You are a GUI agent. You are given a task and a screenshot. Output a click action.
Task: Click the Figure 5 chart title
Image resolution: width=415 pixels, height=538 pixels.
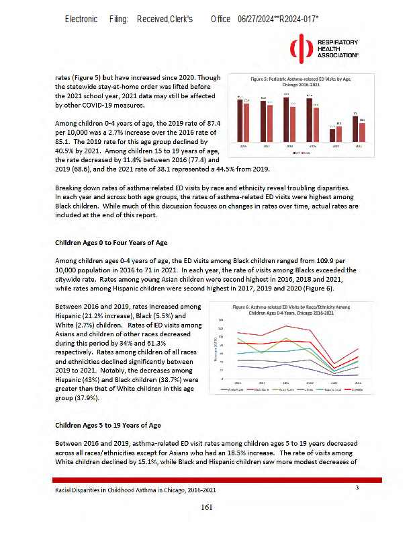pos(296,79)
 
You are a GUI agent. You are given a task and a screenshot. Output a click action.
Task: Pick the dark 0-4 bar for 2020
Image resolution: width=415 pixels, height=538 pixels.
pos(332,135)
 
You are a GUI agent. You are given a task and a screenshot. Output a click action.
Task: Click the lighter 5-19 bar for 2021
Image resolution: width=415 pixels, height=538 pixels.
pos(362,132)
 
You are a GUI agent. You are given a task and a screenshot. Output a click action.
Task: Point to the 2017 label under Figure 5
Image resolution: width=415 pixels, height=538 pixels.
pos(265,146)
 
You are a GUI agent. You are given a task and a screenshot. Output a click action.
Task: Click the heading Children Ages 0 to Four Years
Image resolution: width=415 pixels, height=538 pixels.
pos(111,241)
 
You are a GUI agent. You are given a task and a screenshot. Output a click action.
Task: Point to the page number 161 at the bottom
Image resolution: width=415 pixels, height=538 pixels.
pos(207,506)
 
